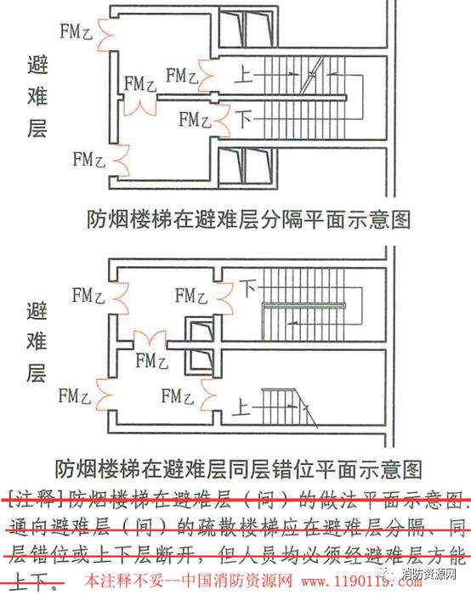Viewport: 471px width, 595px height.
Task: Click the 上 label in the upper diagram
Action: tap(244, 76)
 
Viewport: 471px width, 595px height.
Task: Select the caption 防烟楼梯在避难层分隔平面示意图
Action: tap(248, 218)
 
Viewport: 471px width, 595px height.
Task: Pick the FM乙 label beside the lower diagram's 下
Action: tap(190, 295)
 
